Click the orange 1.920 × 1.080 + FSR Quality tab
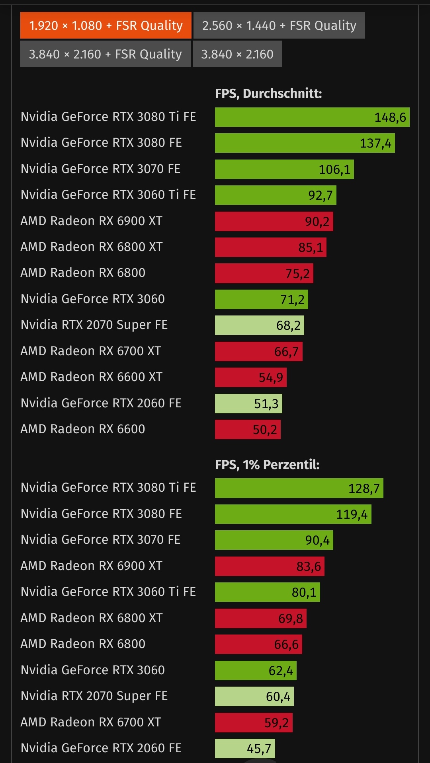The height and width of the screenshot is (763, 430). [x=106, y=25]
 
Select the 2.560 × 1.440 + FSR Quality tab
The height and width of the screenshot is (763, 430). [x=279, y=25]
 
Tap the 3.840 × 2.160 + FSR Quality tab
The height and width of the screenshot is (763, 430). [x=106, y=54]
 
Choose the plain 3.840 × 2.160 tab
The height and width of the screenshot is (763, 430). [x=237, y=54]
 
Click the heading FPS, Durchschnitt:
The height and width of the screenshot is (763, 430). [x=268, y=93]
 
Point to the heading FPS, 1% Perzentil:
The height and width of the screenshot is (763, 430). [x=267, y=465]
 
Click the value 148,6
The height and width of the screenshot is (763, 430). [x=390, y=117]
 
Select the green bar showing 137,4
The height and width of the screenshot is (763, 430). [x=305, y=143]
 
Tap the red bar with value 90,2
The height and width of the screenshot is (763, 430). [x=274, y=221]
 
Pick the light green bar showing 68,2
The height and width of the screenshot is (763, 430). [x=259, y=325]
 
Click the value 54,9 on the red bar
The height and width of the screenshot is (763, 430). [x=271, y=378]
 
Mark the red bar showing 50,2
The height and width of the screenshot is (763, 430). [x=248, y=430]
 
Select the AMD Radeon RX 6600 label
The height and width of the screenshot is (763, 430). [x=83, y=429]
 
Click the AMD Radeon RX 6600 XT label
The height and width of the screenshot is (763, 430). [x=92, y=377]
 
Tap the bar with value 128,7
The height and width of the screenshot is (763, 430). [x=299, y=488]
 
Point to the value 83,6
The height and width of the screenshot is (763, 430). [x=309, y=566]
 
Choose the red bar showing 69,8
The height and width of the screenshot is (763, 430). [x=260, y=619]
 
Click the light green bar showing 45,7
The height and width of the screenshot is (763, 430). [x=245, y=749]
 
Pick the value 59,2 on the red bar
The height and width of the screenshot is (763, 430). [x=276, y=723]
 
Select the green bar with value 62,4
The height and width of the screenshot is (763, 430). [x=256, y=671]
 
